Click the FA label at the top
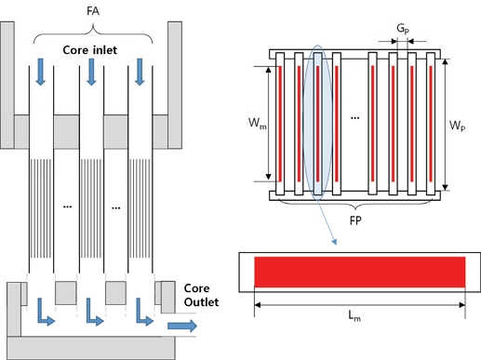pos(93,13)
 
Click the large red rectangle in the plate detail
pos(359,271)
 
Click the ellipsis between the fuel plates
pos(354,119)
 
